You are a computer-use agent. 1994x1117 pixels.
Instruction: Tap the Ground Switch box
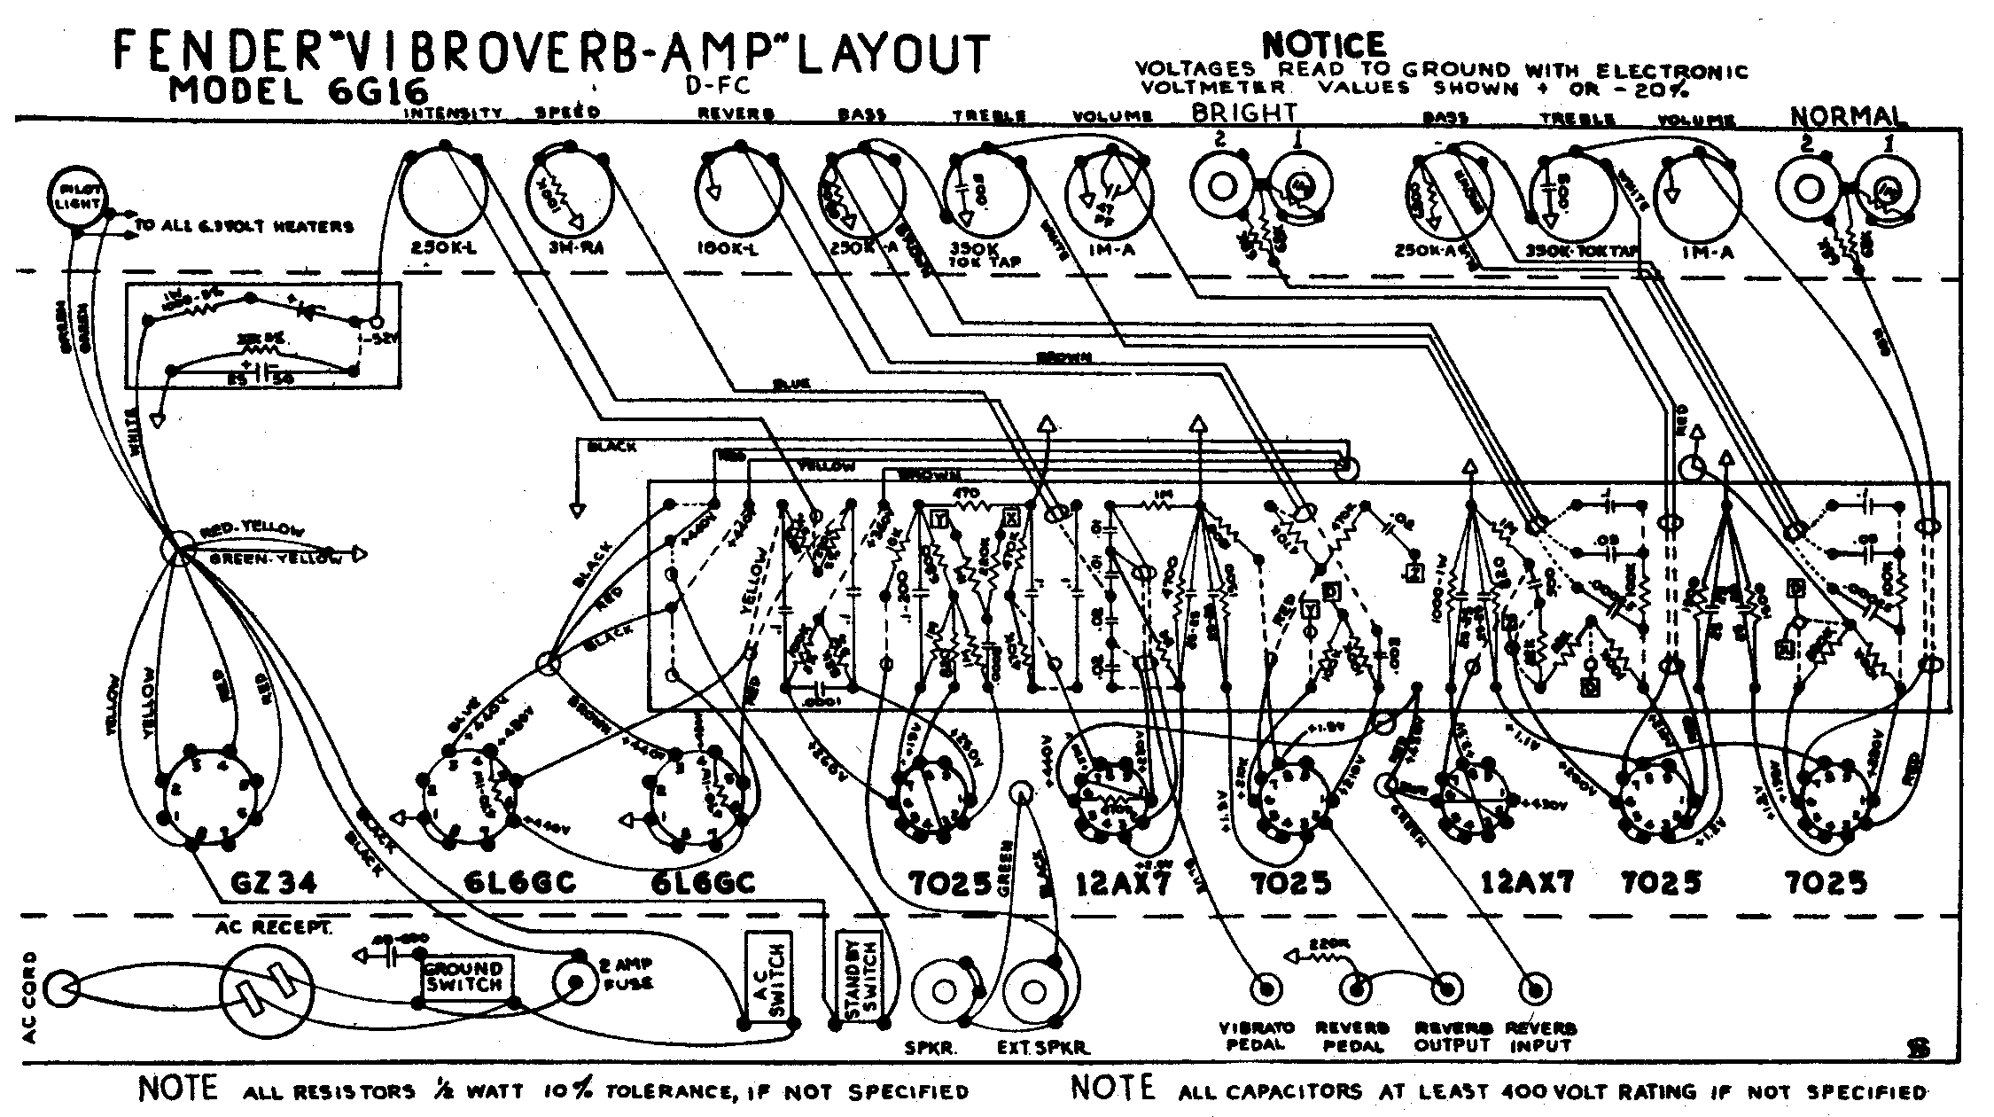[x=463, y=977]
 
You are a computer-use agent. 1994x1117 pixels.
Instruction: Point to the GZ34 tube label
[x=272, y=884]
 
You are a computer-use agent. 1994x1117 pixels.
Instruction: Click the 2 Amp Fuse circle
[x=575, y=982]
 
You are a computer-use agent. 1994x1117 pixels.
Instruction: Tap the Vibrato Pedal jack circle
[x=1264, y=988]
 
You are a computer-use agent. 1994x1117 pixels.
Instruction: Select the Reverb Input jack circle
[x=1536, y=988]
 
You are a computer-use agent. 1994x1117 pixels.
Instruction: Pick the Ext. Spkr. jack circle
[x=1034, y=989]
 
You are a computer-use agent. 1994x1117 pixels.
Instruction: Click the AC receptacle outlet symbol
[x=268, y=993]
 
